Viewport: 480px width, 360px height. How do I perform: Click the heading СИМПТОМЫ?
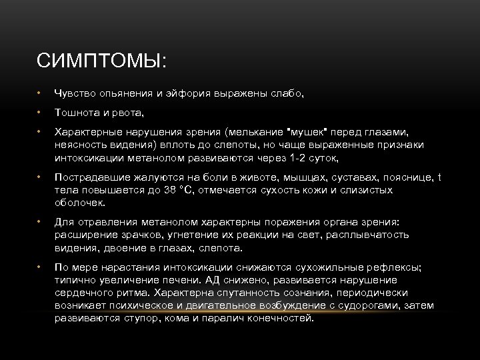point(102,61)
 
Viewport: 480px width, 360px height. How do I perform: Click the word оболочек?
point(80,203)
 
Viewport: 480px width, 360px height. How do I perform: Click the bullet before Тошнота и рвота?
point(40,113)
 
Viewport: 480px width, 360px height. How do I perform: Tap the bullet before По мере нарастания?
point(40,267)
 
